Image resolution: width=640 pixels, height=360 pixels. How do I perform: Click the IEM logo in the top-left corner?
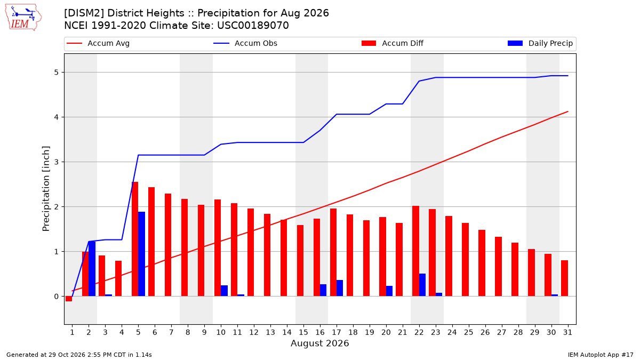click(x=23, y=18)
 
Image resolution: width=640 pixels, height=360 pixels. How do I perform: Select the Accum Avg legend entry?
click(x=98, y=43)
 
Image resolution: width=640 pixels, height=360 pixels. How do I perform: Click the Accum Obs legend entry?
click(x=245, y=43)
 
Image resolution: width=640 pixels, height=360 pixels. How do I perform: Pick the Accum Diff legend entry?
click(x=393, y=43)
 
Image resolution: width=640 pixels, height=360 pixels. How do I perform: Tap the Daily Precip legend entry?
click(x=540, y=43)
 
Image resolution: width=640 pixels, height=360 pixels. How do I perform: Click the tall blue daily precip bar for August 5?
click(x=142, y=254)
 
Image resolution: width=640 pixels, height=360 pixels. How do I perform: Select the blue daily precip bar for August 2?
click(x=92, y=269)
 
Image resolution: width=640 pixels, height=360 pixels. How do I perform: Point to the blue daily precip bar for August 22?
click(x=422, y=285)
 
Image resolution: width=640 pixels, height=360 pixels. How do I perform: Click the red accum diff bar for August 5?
click(x=135, y=239)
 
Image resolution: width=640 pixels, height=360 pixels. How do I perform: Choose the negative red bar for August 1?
click(x=69, y=299)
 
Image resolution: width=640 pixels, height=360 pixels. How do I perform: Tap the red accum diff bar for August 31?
click(x=565, y=278)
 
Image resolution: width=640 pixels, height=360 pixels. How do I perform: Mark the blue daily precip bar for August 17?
click(x=340, y=288)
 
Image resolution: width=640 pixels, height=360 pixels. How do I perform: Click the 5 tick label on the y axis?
click(x=57, y=73)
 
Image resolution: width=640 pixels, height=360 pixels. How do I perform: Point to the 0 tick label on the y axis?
click(x=57, y=297)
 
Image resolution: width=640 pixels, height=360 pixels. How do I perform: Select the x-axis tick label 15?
click(x=303, y=332)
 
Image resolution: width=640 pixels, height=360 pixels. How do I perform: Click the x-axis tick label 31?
click(x=567, y=332)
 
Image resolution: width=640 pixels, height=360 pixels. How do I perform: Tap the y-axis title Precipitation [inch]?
click(x=46, y=189)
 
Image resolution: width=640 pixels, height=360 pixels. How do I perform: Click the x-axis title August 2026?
click(x=319, y=343)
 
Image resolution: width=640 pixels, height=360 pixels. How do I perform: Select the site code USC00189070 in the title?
click(x=253, y=26)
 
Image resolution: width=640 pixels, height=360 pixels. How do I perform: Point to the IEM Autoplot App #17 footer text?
click(x=601, y=355)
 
